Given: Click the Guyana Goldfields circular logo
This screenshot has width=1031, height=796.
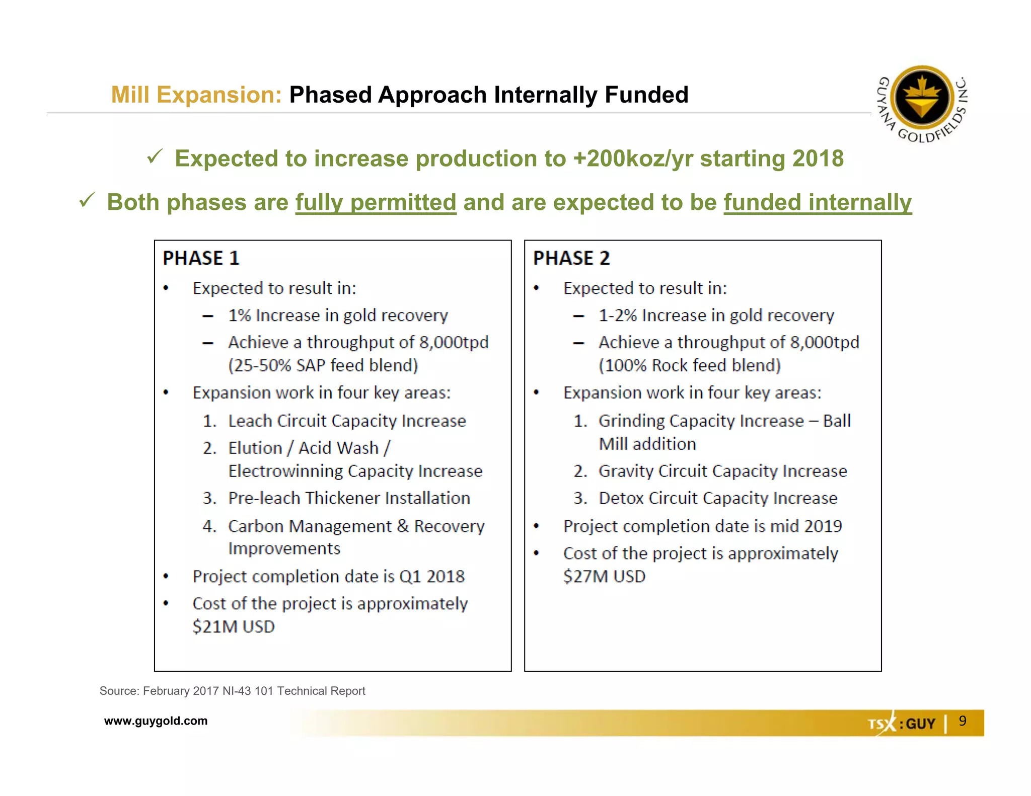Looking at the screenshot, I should pos(922,98).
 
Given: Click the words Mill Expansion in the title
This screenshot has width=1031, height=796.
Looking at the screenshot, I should pos(196,95).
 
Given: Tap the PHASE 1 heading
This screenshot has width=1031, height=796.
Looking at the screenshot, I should pos(201,258).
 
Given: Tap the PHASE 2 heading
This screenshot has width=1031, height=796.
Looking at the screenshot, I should pos(571,258).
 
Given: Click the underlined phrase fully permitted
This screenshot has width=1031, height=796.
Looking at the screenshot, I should pos(376,202).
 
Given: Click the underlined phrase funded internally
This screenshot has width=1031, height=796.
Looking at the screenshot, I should pos(818,202).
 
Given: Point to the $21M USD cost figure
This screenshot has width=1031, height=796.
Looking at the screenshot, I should pos(234,626).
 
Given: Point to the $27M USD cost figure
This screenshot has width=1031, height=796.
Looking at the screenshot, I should pos(604,576).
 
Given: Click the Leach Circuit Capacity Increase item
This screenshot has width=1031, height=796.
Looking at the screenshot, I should pos(347,421).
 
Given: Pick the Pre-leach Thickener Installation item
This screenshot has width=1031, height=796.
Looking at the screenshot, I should pos(349,498).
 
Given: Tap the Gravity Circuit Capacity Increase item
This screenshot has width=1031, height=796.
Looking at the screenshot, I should pos(722,471).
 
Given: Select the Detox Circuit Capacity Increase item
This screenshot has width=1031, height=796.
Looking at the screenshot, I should pos(718,498).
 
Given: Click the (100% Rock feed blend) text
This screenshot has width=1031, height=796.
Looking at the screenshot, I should pos(690,365).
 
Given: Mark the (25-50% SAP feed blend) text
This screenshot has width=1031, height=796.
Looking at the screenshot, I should pos(323,365).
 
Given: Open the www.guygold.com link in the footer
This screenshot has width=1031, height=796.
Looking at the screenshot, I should pos(156,721).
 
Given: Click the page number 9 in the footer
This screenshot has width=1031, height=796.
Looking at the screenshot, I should pos(963,721).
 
